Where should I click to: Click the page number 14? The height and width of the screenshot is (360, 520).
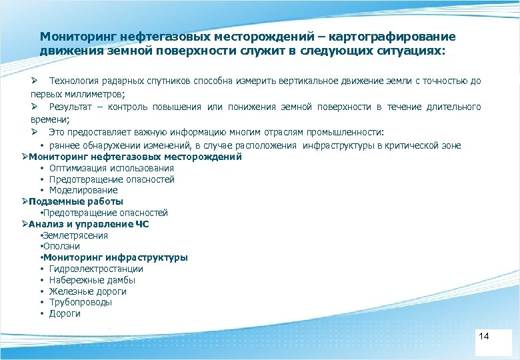(x=484, y=336)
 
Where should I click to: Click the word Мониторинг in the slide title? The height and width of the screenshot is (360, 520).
(x=73, y=37)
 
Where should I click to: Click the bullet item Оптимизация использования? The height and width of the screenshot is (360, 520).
(x=111, y=168)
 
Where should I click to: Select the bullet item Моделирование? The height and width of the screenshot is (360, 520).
(x=83, y=190)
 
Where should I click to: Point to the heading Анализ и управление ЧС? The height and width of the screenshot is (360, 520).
(x=89, y=224)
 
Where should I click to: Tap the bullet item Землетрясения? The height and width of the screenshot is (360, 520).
(x=75, y=235)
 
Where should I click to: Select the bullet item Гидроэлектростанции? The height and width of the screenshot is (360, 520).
(x=96, y=269)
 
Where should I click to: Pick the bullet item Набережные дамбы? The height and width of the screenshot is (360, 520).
(x=92, y=280)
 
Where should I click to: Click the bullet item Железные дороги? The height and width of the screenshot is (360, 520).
(x=87, y=291)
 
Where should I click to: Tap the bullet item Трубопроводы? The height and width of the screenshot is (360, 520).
(x=81, y=302)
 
